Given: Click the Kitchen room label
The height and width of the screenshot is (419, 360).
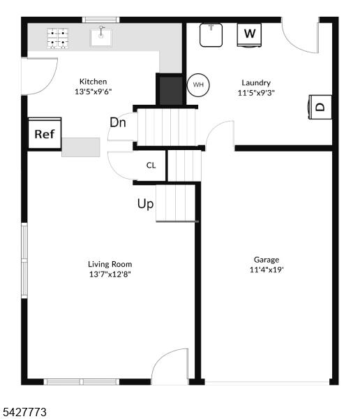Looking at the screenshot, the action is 93,82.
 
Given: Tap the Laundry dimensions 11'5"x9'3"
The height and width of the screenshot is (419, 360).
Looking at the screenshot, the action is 256,93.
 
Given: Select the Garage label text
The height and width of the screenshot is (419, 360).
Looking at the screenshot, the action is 267,260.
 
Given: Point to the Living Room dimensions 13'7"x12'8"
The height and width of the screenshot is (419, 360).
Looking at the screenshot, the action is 110,274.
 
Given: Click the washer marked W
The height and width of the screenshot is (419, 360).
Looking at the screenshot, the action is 249,35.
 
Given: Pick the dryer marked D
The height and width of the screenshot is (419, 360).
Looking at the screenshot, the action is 320,107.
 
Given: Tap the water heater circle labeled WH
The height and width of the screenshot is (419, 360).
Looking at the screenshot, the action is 198,84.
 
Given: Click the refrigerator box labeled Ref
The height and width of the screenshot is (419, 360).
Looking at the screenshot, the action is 45,133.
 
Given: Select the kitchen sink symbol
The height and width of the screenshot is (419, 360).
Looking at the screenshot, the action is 101,37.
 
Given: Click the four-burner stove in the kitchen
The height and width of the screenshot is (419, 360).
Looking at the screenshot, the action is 58,38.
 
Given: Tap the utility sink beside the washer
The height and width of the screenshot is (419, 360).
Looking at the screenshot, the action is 211,35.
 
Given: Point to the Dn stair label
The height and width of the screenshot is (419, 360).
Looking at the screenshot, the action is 118,123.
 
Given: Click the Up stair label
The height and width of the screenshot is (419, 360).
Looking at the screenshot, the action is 146,204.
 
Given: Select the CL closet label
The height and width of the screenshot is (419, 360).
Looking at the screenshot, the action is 151,166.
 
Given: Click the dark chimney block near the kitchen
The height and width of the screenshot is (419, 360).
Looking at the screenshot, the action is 171,91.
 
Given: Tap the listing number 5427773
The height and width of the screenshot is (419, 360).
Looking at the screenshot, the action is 24,412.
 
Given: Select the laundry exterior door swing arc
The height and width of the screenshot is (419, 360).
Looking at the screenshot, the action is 295,43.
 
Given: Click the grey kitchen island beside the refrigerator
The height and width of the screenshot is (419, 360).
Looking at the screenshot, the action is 81,147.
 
